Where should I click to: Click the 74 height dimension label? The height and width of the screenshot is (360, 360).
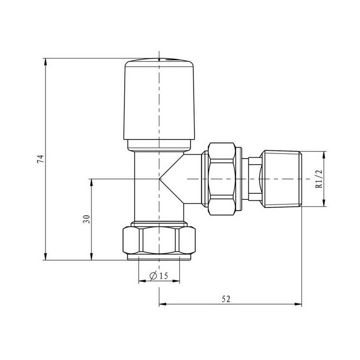click(x=42, y=159)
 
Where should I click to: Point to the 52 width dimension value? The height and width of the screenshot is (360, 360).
click(x=226, y=299)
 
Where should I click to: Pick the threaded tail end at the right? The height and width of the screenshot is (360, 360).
click(x=281, y=179)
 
